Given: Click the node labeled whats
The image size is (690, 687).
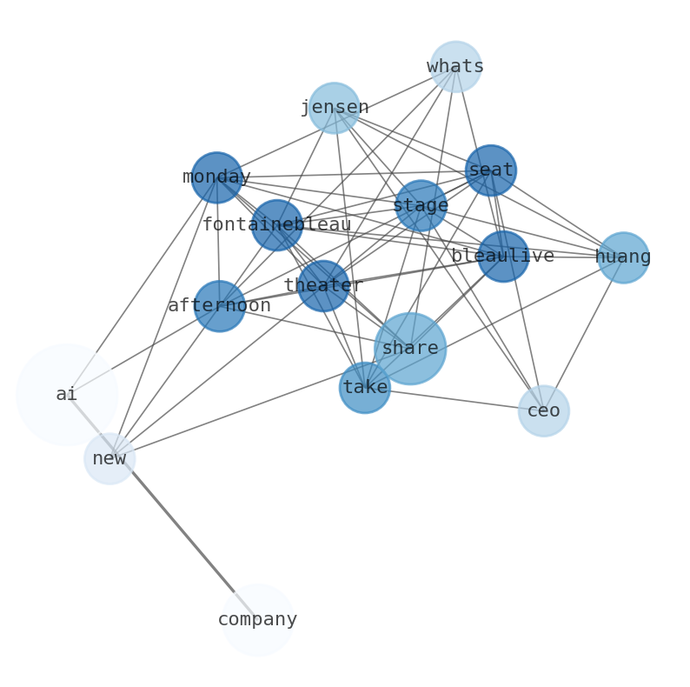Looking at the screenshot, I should click(455, 66).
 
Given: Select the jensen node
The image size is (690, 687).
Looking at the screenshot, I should click(335, 108).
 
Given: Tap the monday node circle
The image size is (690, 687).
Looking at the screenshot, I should click(216, 177).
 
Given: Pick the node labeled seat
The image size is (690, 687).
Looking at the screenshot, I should click(491, 170).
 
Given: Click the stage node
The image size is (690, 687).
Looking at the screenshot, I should click(421, 206).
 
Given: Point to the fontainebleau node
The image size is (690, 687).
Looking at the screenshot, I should click(277, 224).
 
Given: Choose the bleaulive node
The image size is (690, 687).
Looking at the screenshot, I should click(503, 257).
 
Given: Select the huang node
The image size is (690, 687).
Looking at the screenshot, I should click(623, 257).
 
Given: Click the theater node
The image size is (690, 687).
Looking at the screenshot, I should click(323, 285).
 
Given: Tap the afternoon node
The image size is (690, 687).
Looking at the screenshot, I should click(219, 306).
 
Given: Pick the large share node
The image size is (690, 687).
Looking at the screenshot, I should click(410, 348).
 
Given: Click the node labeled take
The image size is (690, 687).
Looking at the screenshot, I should click(365, 388).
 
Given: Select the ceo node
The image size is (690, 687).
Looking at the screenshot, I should click(544, 410).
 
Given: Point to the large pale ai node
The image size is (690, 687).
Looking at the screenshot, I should click(67, 395).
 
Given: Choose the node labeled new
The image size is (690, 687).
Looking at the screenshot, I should click(109, 458).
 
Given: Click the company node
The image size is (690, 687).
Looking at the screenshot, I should click(257, 619).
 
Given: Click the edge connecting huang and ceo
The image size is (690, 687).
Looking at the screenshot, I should click(584, 333).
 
